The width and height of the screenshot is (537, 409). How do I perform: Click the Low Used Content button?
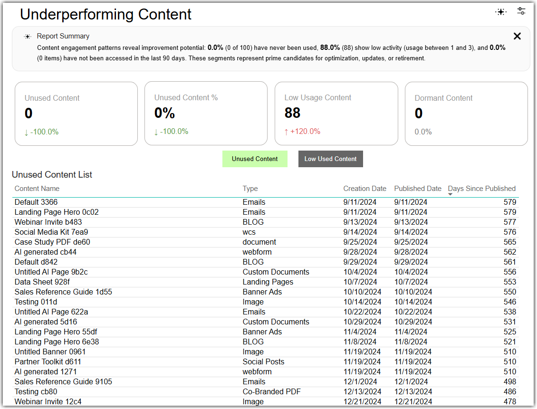330,159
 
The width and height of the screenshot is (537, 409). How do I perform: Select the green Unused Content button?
255,159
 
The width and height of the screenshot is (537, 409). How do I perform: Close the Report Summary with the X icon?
517,36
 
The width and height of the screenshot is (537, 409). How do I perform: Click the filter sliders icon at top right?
521,11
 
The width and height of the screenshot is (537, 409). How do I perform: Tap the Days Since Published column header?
481,189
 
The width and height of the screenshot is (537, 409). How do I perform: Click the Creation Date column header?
365,189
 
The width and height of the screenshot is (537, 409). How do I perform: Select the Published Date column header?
417,189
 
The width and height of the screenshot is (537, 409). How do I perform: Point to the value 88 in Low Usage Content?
292,113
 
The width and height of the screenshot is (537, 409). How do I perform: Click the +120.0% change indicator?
302,132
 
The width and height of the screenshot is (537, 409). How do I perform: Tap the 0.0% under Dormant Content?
423,132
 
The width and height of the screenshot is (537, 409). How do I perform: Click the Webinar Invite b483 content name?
48,222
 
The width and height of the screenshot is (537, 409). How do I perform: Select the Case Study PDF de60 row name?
52,242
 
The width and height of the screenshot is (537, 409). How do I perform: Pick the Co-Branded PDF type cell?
271,391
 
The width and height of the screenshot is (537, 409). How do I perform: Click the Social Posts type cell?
263,362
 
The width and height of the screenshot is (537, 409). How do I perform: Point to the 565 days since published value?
509,242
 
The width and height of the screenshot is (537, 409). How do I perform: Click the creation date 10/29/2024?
362,322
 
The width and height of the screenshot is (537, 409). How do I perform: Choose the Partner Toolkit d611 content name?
48,362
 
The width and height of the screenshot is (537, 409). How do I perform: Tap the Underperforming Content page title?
105,14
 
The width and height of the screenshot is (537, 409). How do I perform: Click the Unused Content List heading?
52,174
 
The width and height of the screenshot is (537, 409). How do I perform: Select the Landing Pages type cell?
268,282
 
